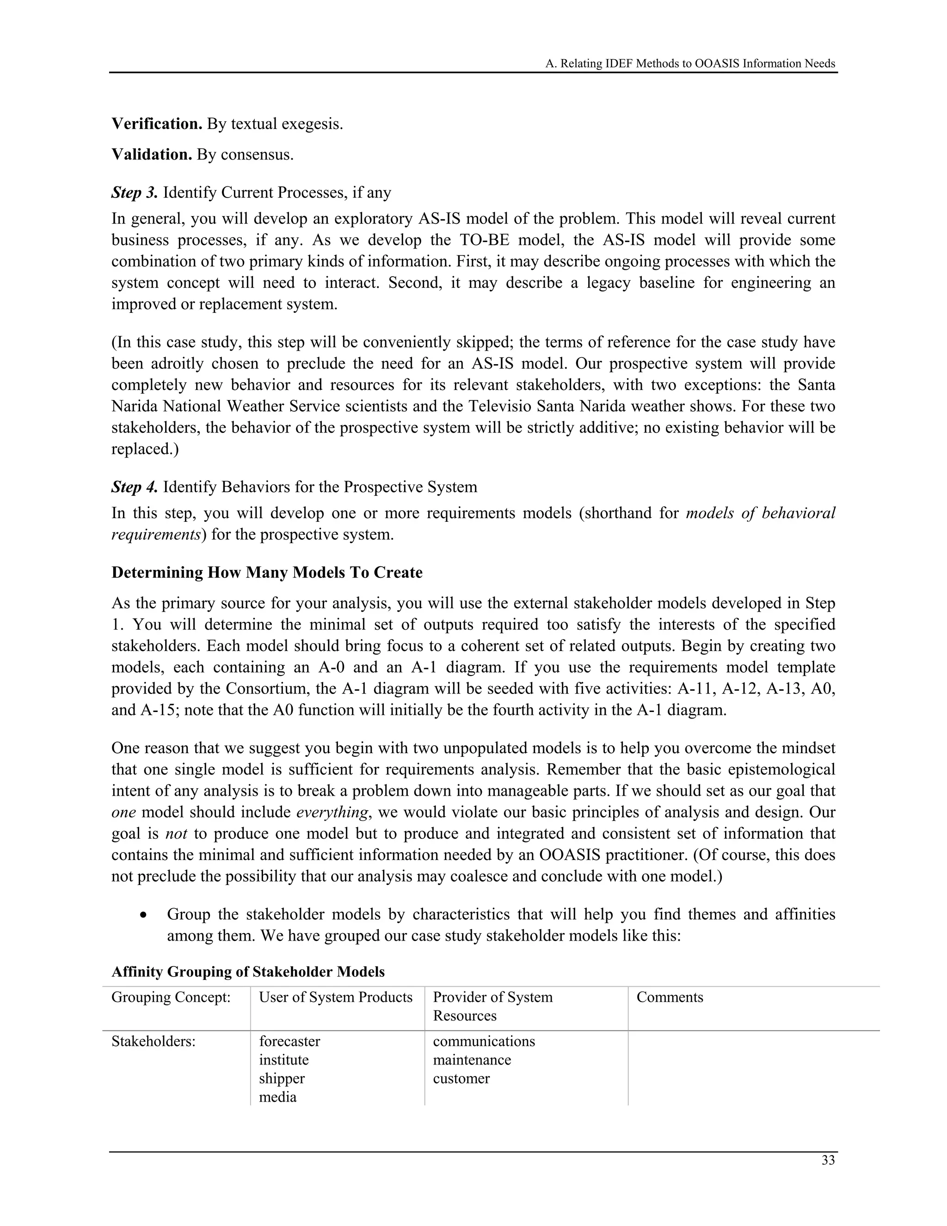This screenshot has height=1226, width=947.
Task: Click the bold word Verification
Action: pos(157,124)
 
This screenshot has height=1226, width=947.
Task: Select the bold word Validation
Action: pos(152,155)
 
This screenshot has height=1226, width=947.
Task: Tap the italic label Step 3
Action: pos(135,192)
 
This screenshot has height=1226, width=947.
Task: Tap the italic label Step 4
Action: pos(135,487)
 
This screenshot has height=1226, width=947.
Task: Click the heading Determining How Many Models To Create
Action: pos(267,573)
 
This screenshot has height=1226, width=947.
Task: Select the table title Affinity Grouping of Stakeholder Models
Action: pos(248,972)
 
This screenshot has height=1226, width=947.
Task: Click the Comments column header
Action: pos(669,997)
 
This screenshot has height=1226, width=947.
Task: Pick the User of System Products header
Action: pos(336,997)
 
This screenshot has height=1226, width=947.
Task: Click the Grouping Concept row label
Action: pos(171,997)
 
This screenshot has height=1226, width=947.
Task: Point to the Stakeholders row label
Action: pos(153,1041)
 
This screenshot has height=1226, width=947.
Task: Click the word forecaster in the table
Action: pos(289,1041)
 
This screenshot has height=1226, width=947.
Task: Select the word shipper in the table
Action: pos(282,1078)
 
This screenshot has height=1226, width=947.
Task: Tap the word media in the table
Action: pos(278,1097)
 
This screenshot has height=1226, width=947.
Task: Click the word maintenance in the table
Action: pos(472,1060)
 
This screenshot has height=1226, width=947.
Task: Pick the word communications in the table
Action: pos(484,1041)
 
